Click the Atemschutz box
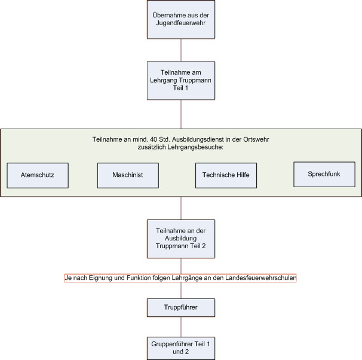click(x=38, y=175)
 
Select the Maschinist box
click(x=128, y=175)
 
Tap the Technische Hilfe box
click(x=226, y=175)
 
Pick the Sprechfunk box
click(x=324, y=175)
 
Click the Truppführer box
click(x=181, y=307)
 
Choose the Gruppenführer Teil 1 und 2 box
click(x=181, y=348)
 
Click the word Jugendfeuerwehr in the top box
click(x=181, y=23)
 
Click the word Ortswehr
click(x=256, y=139)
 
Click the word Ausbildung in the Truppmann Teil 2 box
click(x=181, y=238)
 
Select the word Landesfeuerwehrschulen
click(x=261, y=277)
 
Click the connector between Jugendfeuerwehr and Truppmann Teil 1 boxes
click(x=181, y=50)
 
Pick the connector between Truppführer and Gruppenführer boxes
click(x=181, y=327)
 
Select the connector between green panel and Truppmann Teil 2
click(x=181, y=208)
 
